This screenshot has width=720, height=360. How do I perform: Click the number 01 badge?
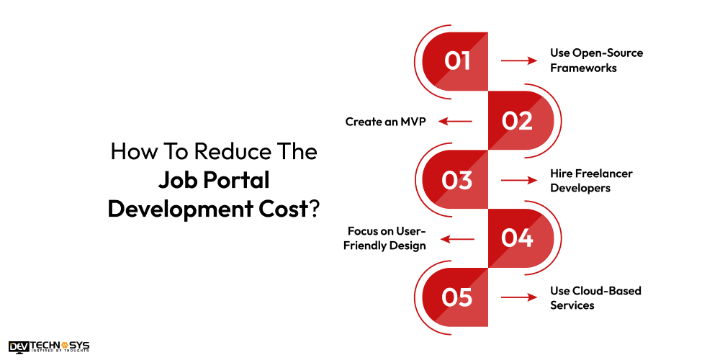click(x=456, y=61)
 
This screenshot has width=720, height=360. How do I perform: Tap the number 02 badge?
click(x=517, y=121)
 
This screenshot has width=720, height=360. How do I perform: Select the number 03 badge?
click(x=456, y=180)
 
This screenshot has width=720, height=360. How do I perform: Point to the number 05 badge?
click(x=456, y=297)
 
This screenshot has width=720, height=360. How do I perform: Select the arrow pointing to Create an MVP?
click(x=456, y=121)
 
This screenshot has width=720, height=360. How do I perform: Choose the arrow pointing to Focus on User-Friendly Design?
click(x=456, y=238)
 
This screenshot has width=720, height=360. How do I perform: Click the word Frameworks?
click(x=583, y=68)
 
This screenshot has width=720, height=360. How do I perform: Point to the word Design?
click(x=409, y=246)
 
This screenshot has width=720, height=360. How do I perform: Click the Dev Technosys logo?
click(x=49, y=347)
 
